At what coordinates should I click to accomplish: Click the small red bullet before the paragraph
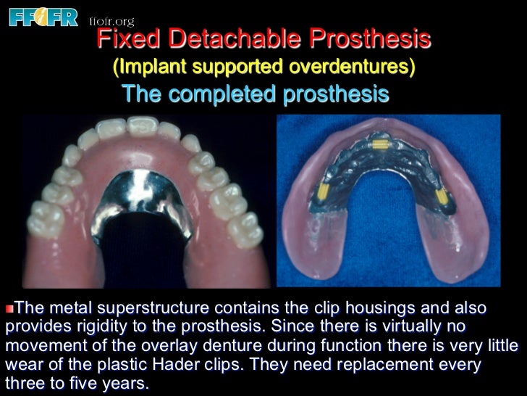9,308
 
